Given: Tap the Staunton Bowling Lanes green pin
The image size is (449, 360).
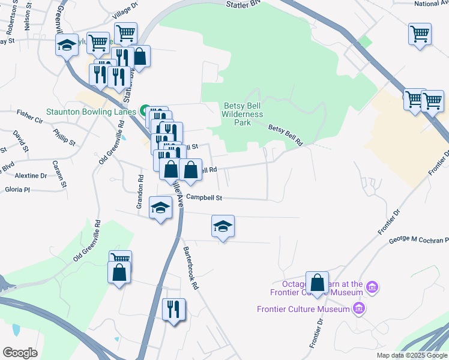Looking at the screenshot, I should (x=145, y=110).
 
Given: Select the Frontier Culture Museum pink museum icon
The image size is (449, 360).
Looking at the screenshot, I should (x=358, y=309).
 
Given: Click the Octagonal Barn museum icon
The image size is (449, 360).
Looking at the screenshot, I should (x=372, y=287).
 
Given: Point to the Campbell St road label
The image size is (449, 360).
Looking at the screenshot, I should (x=204, y=197).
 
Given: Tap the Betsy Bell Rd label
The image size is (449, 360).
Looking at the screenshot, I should (x=284, y=128).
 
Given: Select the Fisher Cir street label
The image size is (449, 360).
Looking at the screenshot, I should (x=30, y=112).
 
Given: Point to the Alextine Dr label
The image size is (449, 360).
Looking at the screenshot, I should (x=31, y=176).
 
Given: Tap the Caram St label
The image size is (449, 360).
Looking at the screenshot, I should (x=59, y=163).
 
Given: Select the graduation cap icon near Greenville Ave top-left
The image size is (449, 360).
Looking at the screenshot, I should (x=67, y=44).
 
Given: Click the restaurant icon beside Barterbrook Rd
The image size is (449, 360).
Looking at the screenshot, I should (x=174, y=309).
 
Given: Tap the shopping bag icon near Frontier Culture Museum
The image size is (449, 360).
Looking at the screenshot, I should (x=317, y=283).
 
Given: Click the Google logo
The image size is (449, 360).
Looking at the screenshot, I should (x=20, y=353).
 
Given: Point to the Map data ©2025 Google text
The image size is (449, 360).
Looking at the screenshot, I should (x=411, y=355).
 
